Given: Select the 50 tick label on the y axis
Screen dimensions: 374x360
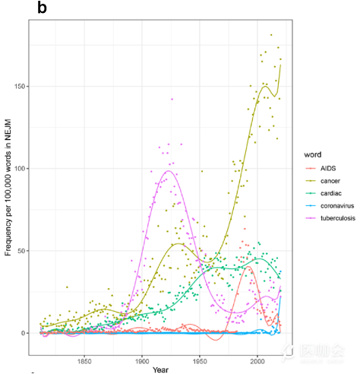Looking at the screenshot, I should click(x=21, y=251).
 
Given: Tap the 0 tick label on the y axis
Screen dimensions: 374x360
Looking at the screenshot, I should click(x=23, y=333).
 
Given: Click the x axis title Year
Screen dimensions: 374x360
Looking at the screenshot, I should click(x=159, y=369).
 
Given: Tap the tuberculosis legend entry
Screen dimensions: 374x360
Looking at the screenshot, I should click(x=331, y=220).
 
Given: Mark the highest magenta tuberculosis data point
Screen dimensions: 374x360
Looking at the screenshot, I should click(x=172, y=99).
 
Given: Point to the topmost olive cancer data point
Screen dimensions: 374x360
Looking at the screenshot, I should click(x=271, y=35).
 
